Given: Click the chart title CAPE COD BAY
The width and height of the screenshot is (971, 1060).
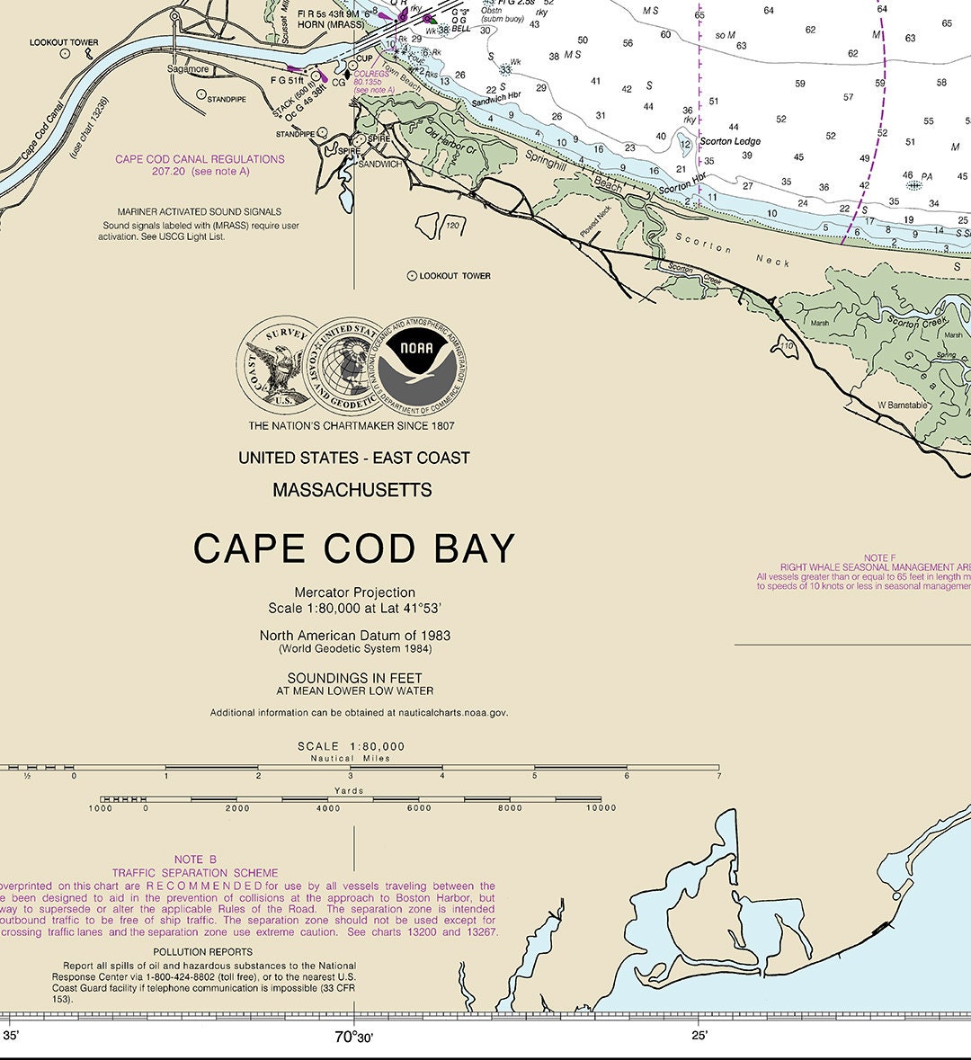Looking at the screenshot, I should coord(354,548).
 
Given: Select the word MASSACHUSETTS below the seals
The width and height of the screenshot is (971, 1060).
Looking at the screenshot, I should coord(352,490).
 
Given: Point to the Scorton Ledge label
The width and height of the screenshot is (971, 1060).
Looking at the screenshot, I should coord(730,141).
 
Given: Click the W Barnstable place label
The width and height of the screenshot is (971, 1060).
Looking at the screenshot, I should coord(902,405).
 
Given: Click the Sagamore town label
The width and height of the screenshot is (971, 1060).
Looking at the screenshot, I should coord(188,69).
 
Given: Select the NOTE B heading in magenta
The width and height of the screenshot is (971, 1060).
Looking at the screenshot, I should coord(195,860).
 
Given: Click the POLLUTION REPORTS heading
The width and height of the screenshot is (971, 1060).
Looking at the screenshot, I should coord(202,951).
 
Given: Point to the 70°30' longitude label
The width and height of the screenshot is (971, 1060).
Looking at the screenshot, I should coord(353,1037).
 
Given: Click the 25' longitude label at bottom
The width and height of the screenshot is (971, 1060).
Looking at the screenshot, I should coord(699,1036).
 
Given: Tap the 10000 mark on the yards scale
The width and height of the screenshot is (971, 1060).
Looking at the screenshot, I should coord(601,807).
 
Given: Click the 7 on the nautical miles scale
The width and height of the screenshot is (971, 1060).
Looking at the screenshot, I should coord(719,776).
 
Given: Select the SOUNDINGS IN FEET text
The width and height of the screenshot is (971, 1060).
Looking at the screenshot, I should coord(354,678).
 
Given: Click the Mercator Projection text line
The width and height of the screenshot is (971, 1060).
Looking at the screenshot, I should coord(354,592).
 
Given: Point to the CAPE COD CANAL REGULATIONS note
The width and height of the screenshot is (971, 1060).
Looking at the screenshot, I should coord(200,159).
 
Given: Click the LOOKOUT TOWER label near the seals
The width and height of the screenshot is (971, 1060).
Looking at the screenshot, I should coord(454,276).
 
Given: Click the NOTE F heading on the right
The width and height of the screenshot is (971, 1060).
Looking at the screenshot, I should coord(879,558).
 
